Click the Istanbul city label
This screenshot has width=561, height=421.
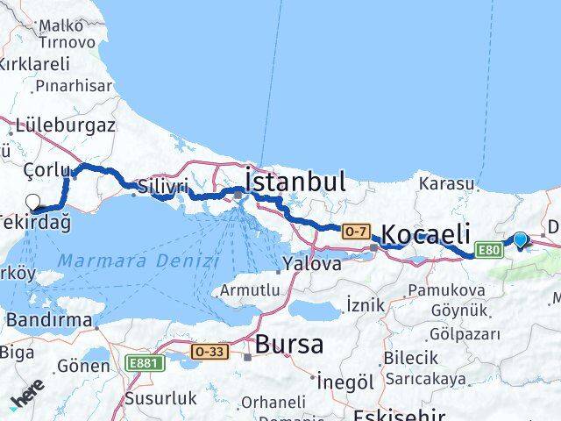pyautogui.click(x=295, y=182)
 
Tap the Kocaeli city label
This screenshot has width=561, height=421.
pyautogui.click(x=426, y=235)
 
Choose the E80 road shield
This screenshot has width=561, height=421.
pyautogui.click(x=488, y=252)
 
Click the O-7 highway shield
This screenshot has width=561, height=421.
pyautogui.click(x=355, y=231)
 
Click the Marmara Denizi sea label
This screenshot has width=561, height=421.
pyautogui.click(x=138, y=260)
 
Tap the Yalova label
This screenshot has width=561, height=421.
pyautogui.click(x=313, y=263)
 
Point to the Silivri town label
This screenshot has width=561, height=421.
pyautogui.click(x=164, y=186)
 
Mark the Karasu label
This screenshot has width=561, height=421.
pyautogui.click(x=446, y=184)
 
